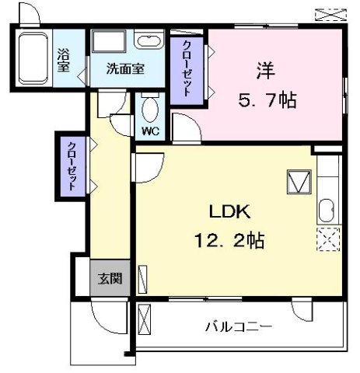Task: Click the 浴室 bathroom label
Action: coord(65,59)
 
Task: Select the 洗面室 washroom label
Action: coord(125,68)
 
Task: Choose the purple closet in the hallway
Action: coord(71,165)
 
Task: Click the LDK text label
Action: coord(227,211)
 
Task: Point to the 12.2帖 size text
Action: coord(230,240)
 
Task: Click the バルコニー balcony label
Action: coord(238,326)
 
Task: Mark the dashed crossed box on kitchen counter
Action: coord(327,239)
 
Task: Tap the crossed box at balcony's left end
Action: coord(143,319)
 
